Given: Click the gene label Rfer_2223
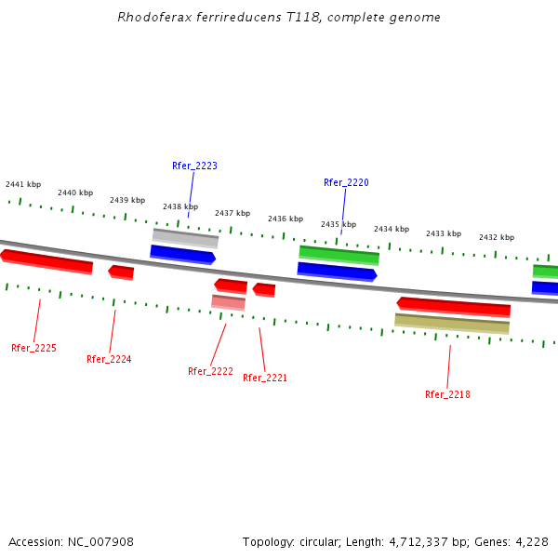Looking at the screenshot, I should (x=194, y=166).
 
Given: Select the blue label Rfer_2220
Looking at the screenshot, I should (x=346, y=182).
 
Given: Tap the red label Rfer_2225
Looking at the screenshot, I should (x=33, y=348).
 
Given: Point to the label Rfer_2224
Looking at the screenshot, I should (x=109, y=359).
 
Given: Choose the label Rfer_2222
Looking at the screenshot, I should (x=210, y=371).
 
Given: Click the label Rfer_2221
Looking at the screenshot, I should (x=265, y=378).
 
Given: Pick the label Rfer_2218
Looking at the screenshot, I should (x=447, y=394).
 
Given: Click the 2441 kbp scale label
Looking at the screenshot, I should (x=23, y=184).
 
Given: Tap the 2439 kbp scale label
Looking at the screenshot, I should (x=127, y=200).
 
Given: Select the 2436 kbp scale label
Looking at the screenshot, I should (x=286, y=219).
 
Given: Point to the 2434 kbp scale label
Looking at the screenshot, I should (x=392, y=229).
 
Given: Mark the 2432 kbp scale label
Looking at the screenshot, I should (x=497, y=237).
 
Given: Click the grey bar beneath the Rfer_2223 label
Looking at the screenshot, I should (x=185, y=237).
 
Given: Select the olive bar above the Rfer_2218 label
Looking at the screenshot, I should (x=452, y=324).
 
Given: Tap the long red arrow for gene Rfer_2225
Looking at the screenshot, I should (x=46, y=260).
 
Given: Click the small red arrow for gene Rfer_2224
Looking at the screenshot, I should (x=121, y=272).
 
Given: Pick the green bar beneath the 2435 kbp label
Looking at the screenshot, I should (x=339, y=254).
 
